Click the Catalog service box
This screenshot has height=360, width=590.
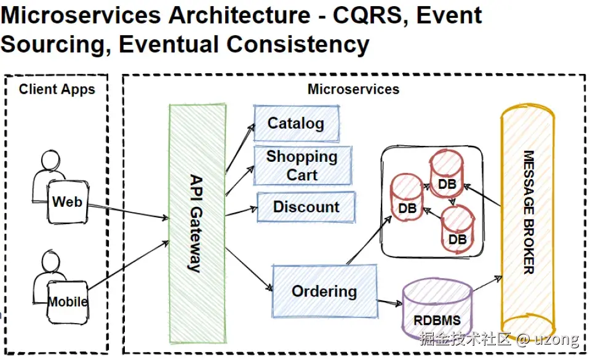click(296, 124)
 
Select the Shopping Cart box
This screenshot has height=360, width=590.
click(302, 166)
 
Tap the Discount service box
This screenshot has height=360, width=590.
click(306, 207)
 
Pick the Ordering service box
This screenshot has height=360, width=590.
click(324, 291)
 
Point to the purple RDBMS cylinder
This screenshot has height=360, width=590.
click(437, 312)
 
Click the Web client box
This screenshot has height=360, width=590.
click(68, 202)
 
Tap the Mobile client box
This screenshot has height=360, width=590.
click(68, 302)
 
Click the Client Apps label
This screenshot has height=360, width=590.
click(57, 89)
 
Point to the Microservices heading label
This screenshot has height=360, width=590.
click(353, 89)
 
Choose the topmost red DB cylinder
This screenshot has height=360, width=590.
click(447, 174)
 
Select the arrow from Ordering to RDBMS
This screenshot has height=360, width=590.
click(389, 302)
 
